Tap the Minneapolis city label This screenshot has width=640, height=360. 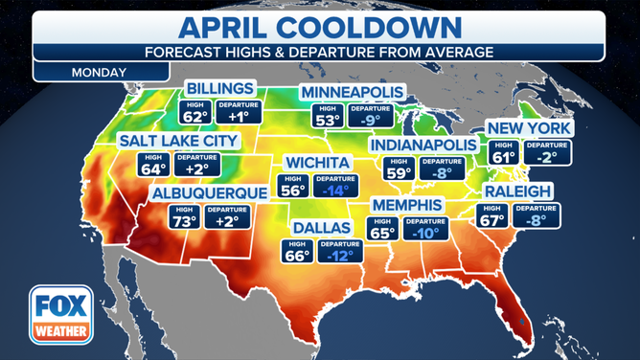click(x=352, y=92)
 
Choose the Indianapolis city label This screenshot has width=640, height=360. click(x=423, y=144)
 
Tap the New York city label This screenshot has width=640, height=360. click(x=529, y=128)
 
